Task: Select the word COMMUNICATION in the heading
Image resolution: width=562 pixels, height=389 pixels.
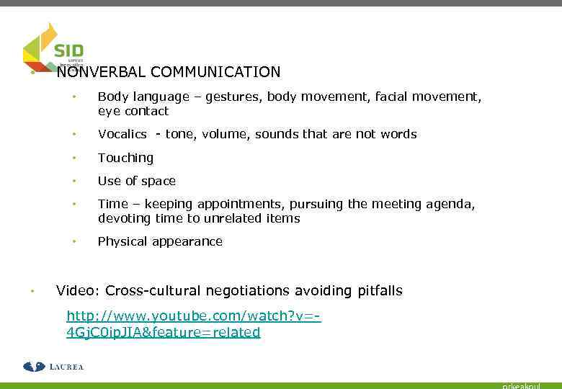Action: point(216,72)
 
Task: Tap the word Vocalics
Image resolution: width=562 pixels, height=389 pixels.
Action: point(122,134)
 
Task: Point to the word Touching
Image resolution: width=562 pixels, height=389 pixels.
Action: point(125,158)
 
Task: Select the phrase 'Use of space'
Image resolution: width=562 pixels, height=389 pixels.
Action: point(137,181)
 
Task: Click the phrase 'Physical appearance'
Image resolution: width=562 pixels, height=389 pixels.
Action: point(160,241)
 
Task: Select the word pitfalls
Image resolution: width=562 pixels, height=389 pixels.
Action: point(380,291)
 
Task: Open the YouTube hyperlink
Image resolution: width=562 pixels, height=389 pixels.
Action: point(193,324)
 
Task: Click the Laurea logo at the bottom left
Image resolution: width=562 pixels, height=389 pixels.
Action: point(53,367)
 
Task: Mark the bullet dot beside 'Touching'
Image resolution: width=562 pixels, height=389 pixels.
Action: point(73,158)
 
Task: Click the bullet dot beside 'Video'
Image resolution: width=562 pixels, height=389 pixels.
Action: point(32,291)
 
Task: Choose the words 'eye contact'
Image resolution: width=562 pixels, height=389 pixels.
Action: point(133,111)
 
